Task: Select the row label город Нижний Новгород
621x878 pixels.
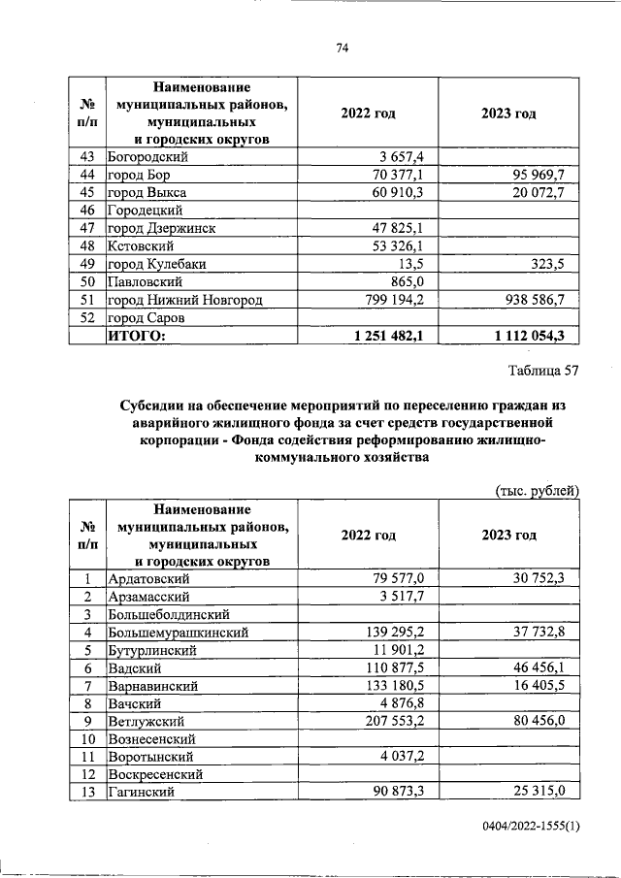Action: click(184, 300)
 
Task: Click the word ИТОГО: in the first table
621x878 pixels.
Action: click(137, 335)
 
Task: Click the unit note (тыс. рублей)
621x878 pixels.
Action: click(537, 491)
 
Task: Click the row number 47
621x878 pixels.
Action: click(87, 228)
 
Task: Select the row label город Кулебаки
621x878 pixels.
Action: click(157, 264)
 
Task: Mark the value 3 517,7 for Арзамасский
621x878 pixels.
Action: click(411, 596)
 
